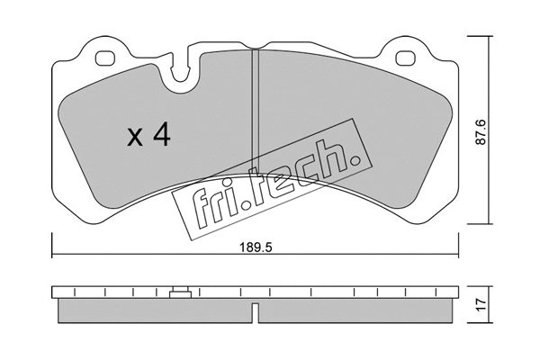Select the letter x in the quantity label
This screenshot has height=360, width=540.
pos(134,139)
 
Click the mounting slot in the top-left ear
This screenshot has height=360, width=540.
pos(105,59)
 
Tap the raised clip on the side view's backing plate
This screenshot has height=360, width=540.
pos(180,292)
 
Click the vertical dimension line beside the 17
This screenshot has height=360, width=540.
pos(489,305)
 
